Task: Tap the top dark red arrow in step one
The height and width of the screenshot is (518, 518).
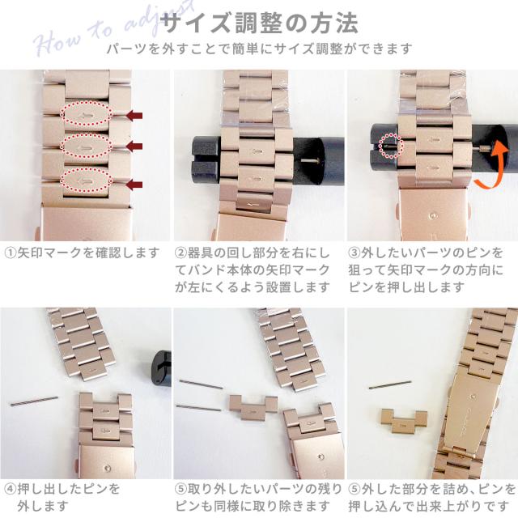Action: pos(135,115)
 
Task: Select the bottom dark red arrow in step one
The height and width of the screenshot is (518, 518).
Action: pos(135,184)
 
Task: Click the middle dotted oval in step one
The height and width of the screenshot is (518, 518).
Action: pos(86,146)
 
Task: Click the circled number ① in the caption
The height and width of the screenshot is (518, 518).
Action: pos(11,253)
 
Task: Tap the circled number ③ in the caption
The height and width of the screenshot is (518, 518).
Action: pos(355,253)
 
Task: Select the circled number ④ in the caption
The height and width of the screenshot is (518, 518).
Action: pos(11,489)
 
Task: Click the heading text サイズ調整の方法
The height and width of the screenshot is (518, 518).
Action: pos(259,23)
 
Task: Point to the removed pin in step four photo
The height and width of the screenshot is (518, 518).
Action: pos(34,401)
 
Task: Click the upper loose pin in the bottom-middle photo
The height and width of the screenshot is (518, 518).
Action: pos(202,384)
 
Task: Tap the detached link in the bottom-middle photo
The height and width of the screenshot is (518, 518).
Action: pos(253,407)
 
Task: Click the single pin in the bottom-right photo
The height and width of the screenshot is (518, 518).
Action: pos(390,384)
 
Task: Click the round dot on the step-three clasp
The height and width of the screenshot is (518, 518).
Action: pos(433,216)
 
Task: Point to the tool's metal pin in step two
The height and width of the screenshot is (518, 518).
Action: pos(309,161)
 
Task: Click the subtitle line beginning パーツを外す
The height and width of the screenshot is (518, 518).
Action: pos(259,49)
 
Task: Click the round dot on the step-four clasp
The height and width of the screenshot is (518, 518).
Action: pos(108,468)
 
